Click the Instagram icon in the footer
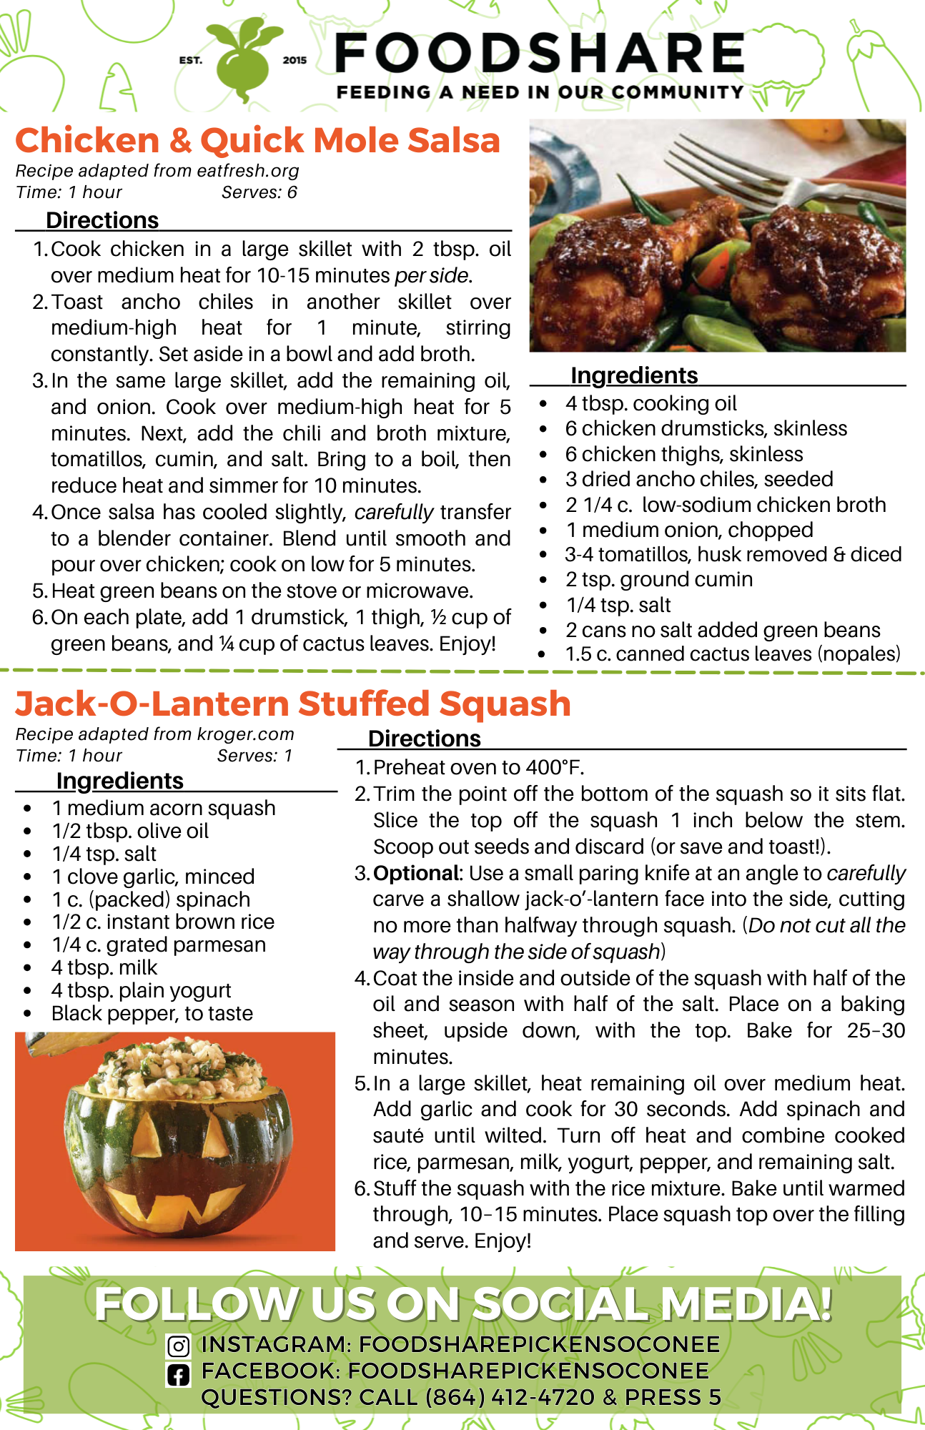coord(178,1346)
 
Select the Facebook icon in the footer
coord(178,1374)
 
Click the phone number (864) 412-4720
coord(510,1397)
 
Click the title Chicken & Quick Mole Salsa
coord(257,141)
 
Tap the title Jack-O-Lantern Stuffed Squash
coord(293,704)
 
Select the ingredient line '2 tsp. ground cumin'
coord(658,579)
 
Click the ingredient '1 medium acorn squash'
coord(164,808)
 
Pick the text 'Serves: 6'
coord(259,192)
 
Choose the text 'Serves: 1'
coord(254,756)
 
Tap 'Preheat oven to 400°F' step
coord(478,767)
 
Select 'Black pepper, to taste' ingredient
coord(152,1013)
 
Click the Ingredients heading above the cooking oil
coord(634,375)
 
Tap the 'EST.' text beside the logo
coord(191,60)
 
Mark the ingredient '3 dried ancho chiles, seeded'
coord(699,479)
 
